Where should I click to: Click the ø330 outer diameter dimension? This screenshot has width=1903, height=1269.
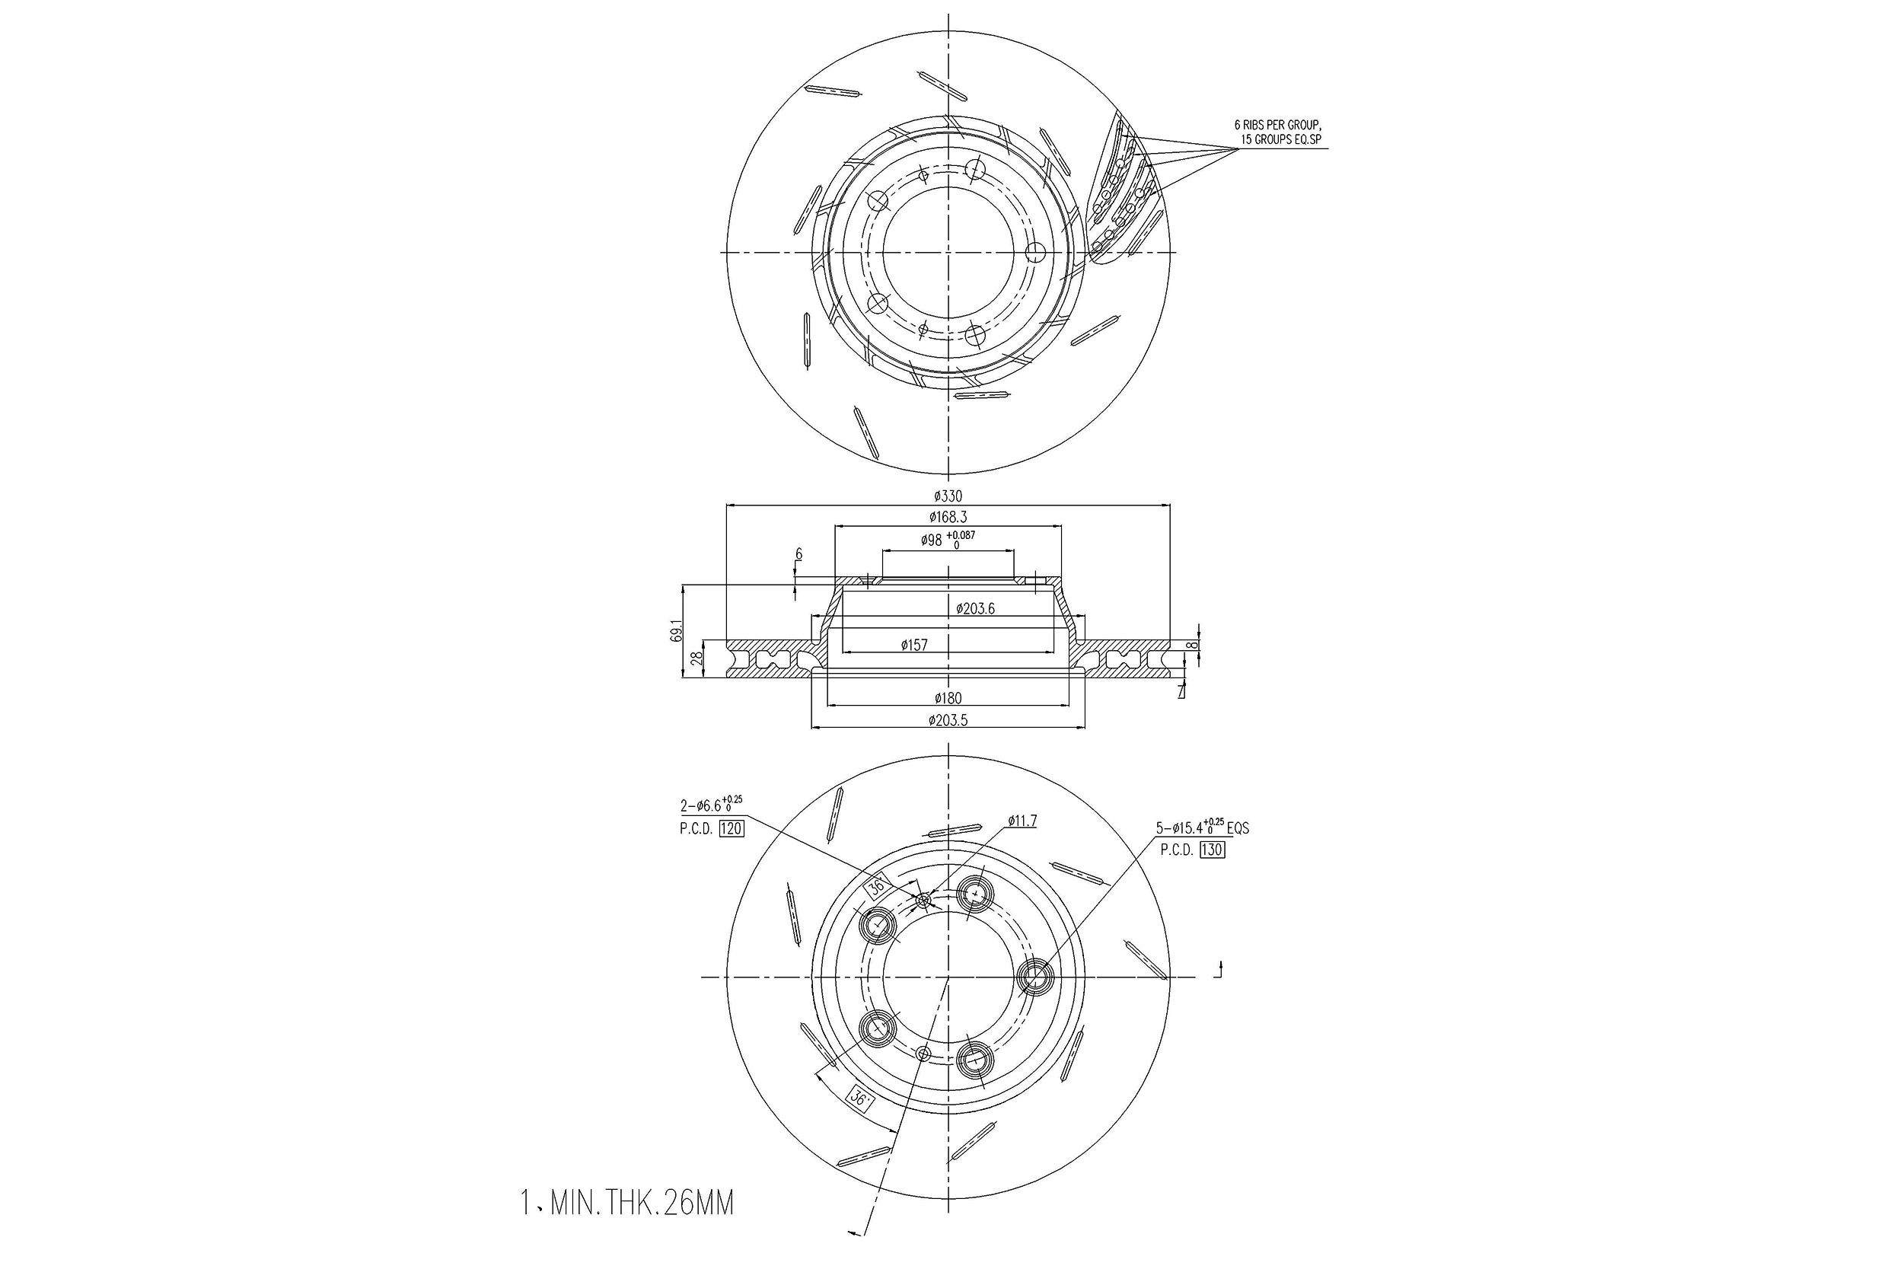pyautogui.click(x=948, y=496)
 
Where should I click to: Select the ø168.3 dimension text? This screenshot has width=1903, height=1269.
pyautogui.click(x=948, y=516)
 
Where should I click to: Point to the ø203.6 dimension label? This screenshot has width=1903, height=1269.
pyautogui.click(x=975, y=608)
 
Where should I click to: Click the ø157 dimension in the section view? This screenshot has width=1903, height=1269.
pyautogui.click(x=914, y=645)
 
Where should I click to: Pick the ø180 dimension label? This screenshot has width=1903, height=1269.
pyautogui.click(x=948, y=697)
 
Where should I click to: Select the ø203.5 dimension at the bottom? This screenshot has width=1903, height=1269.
pyautogui.click(x=948, y=719)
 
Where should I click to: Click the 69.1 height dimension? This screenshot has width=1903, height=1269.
pyautogui.click(x=676, y=630)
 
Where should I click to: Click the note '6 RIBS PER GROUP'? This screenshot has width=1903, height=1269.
pyautogui.click(x=1277, y=126)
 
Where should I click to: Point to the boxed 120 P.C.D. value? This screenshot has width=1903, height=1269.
pyautogui.click(x=731, y=828)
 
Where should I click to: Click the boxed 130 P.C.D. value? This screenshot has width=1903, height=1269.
pyautogui.click(x=1212, y=850)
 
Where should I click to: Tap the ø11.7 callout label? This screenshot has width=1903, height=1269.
pyautogui.click(x=1022, y=821)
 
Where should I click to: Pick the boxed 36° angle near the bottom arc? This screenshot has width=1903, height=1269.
pyautogui.click(x=859, y=1098)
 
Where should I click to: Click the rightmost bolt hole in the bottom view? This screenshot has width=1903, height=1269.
pyautogui.click(x=1034, y=977)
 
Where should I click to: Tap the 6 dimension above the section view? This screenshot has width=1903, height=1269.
pyautogui.click(x=798, y=554)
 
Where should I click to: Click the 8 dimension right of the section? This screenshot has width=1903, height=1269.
pyautogui.click(x=1191, y=645)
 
